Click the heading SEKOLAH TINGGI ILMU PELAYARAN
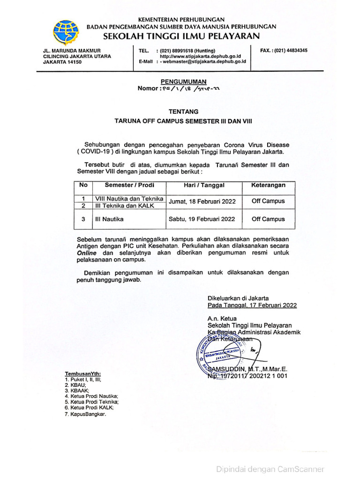[181, 36]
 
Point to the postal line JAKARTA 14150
[59, 62]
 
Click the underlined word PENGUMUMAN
[180, 81]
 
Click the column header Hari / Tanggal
[204, 185]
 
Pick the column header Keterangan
[268, 185]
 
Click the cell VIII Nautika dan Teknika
[128, 199]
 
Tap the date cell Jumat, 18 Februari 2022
[202, 202]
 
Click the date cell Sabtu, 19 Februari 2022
[202, 219]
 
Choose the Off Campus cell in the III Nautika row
[268, 219]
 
